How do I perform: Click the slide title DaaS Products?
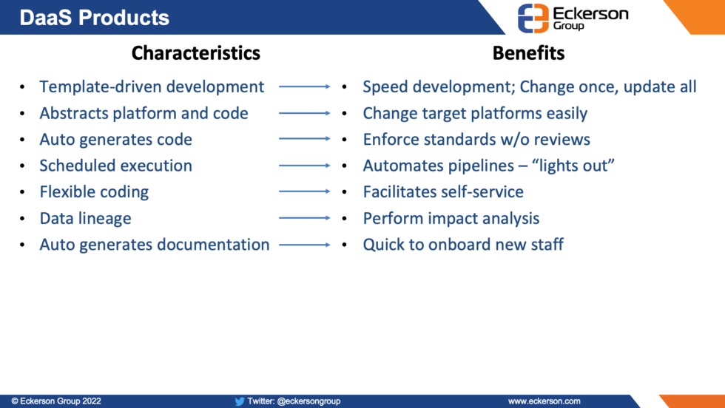pos(94,18)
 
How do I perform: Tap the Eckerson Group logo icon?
pos(533,18)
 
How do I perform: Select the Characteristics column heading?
pos(195,53)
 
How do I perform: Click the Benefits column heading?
pos(528,53)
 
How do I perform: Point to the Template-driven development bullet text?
pos(152,87)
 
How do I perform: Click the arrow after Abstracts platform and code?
pos(305,114)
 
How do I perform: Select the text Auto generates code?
pos(115,140)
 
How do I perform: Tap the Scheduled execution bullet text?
pos(115,166)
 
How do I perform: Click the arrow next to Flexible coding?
pos(305,192)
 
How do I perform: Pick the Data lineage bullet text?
pos(85,218)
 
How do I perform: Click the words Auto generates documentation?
pos(154,245)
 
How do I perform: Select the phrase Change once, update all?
pos(608,87)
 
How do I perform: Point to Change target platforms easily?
pos(475,114)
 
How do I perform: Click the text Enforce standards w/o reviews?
pos(476,140)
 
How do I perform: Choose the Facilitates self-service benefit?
pos(443,192)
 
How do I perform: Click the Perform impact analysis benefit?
pos(451,218)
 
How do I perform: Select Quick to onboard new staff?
pos(463,245)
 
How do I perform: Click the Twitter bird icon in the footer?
pos(240,401)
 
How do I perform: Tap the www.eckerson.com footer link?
pos(544,401)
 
